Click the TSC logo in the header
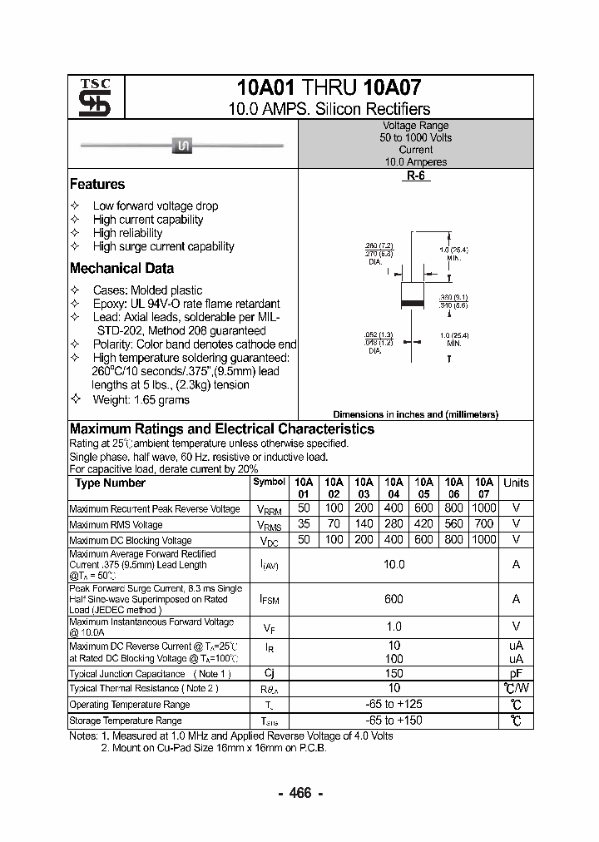point(89,97)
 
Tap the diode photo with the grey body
point(182,146)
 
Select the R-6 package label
point(416,176)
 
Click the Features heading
point(97,185)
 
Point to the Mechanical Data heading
point(121,269)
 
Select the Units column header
point(516,483)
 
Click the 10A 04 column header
point(394,488)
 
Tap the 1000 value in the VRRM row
point(483,508)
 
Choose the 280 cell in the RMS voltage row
point(394,524)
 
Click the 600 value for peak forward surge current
point(394,599)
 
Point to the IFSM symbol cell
point(269,599)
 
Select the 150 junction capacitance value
point(394,674)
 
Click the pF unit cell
point(516,674)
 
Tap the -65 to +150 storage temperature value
point(394,721)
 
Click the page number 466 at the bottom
point(299,793)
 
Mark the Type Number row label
point(110,483)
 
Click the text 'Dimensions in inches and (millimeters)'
point(415,414)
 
